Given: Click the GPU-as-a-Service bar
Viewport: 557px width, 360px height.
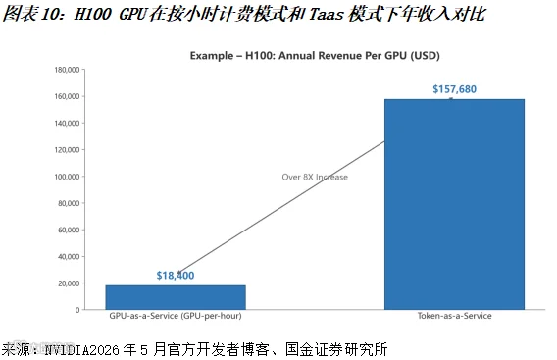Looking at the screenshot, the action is point(176,297).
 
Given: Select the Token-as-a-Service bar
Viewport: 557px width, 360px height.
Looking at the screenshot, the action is point(454,204).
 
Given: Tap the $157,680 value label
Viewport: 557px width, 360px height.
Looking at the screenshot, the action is point(454,89).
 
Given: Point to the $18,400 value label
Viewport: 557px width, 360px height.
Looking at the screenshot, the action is point(176,276).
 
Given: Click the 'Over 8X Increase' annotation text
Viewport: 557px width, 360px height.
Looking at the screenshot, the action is point(315,177).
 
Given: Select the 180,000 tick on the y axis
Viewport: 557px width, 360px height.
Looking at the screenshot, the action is point(67,70).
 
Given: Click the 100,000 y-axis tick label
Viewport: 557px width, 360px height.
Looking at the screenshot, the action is point(67,177).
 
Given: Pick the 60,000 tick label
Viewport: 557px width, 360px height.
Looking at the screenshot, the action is point(69,230).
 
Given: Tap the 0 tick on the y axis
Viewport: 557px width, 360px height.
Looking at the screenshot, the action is point(77,310).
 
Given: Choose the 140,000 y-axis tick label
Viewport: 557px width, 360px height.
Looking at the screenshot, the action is point(67,123).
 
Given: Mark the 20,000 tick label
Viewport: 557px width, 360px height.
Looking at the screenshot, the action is point(69,283).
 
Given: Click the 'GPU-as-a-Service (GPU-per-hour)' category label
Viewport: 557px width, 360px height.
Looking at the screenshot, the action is point(176,316).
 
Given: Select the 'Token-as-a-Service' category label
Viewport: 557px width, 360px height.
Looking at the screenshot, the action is point(454,316).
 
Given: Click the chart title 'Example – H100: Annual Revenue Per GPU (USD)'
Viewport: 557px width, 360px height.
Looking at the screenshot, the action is point(315,56).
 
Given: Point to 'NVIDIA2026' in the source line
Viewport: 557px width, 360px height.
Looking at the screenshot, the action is point(81,350).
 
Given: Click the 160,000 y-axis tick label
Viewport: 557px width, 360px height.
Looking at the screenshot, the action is point(67,96).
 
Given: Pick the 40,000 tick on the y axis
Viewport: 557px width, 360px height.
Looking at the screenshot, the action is point(69,257).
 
